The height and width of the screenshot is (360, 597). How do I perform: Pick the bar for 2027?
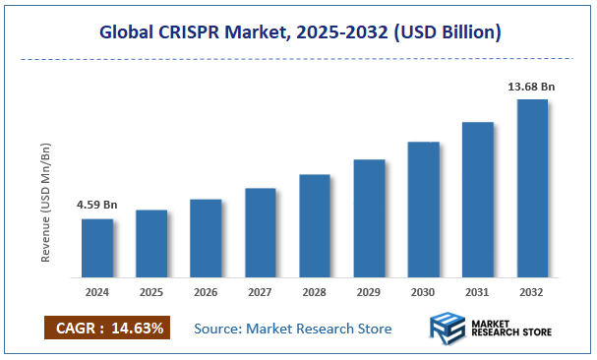[260, 231]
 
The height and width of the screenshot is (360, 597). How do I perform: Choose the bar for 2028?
[314, 224]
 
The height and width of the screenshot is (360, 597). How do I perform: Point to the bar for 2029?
[369, 216]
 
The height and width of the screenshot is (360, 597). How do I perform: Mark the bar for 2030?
[423, 208]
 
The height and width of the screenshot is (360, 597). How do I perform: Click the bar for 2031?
[477, 198]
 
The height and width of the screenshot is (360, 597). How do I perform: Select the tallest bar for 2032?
[532, 187]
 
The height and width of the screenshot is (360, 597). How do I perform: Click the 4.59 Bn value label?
[96, 205]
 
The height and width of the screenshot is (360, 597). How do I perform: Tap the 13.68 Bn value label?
[531, 87]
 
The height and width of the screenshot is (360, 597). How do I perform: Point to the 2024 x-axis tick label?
[96, 291]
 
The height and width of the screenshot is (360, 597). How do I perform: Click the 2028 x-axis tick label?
[314, 291]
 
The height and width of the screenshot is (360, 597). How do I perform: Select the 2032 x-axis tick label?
[532, 291]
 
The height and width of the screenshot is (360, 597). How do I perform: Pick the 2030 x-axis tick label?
[423, 291]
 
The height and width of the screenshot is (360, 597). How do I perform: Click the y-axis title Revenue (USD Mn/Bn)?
[46, 202]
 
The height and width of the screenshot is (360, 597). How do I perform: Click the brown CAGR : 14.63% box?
[107, 328]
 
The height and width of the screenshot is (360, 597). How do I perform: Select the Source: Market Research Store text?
[292, 329]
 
